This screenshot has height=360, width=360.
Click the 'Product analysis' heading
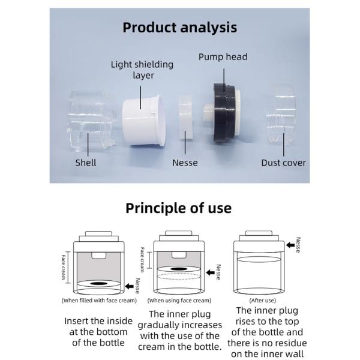[x=179, y=28]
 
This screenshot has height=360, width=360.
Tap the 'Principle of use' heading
[x=178, y=208]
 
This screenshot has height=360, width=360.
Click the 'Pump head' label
[x=223, y=57]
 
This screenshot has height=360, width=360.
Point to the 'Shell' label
[x=86, y=163]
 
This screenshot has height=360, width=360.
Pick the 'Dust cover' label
[x=283, y=163]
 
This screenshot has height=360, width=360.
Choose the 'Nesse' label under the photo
[x=185, y=163]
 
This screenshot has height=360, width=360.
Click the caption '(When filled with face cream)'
[x=99, y=300]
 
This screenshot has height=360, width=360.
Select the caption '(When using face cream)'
[x=179, y=300]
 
